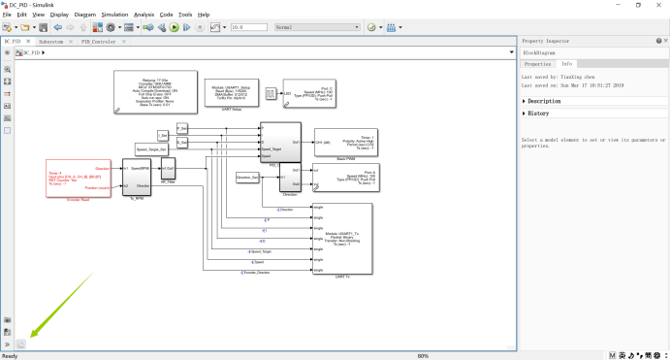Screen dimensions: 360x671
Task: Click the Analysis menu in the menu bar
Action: click(x=144, y=15)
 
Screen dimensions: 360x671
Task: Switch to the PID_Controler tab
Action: click(x=98, y=42)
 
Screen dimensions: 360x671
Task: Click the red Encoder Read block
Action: click(x=80, y=178)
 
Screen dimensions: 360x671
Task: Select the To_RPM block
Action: click(x=137, y=177)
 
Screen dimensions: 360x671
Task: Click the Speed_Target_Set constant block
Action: click(x=152, y=149)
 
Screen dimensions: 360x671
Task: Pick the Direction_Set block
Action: click(x=249, y=178)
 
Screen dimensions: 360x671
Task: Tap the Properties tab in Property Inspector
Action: click(x=537, y=63)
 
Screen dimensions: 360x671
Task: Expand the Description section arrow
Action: click(x=525, y=101)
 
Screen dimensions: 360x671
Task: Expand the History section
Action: click(x=525, y=114)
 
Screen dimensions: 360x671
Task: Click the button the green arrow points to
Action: click(x=21, y=344)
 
